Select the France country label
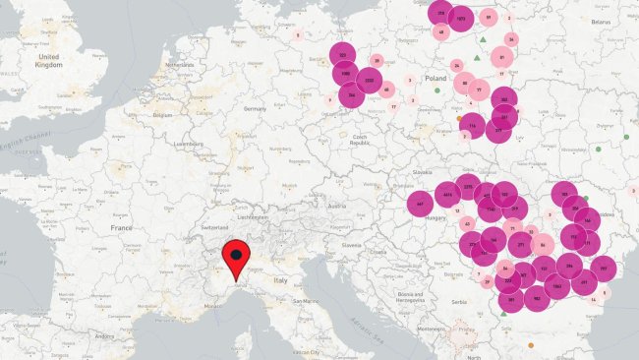(121, 228)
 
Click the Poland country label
(435, 77)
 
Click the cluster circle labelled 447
(421, 205)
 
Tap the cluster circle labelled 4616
(447, 195)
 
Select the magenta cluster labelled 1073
(461, 19)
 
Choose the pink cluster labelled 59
(488, 17)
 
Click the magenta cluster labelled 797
(603, 268)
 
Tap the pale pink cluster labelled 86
(542, 245)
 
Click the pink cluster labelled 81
(502, 57)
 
